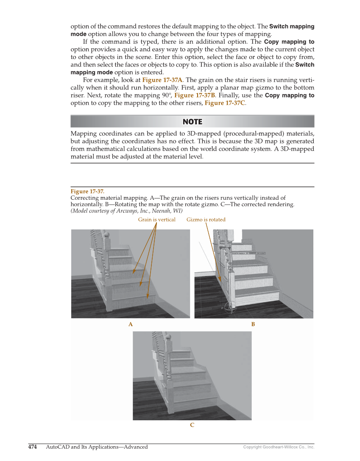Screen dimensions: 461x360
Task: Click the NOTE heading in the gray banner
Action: point(192,122)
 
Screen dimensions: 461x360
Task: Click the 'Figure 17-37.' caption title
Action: point(87,191)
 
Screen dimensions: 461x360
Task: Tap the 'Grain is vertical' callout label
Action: point(156,220)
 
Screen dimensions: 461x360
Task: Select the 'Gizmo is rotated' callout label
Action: point(206,220)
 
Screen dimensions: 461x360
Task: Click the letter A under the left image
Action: point(131,324)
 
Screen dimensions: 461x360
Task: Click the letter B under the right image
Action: point(253,324)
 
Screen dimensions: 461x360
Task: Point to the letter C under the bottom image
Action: point(192,425)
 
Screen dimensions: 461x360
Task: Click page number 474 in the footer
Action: point(33,447)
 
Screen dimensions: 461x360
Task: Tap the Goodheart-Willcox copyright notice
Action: point(279,447)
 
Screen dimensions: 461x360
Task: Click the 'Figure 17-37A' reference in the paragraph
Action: point(162,80)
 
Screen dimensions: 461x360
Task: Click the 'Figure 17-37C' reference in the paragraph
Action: point(224,103)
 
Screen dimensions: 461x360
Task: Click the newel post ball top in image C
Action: point(168,337)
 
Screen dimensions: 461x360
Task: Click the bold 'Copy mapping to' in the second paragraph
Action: point(289,42)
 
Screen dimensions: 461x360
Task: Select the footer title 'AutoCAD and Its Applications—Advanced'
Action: point(97,447)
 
